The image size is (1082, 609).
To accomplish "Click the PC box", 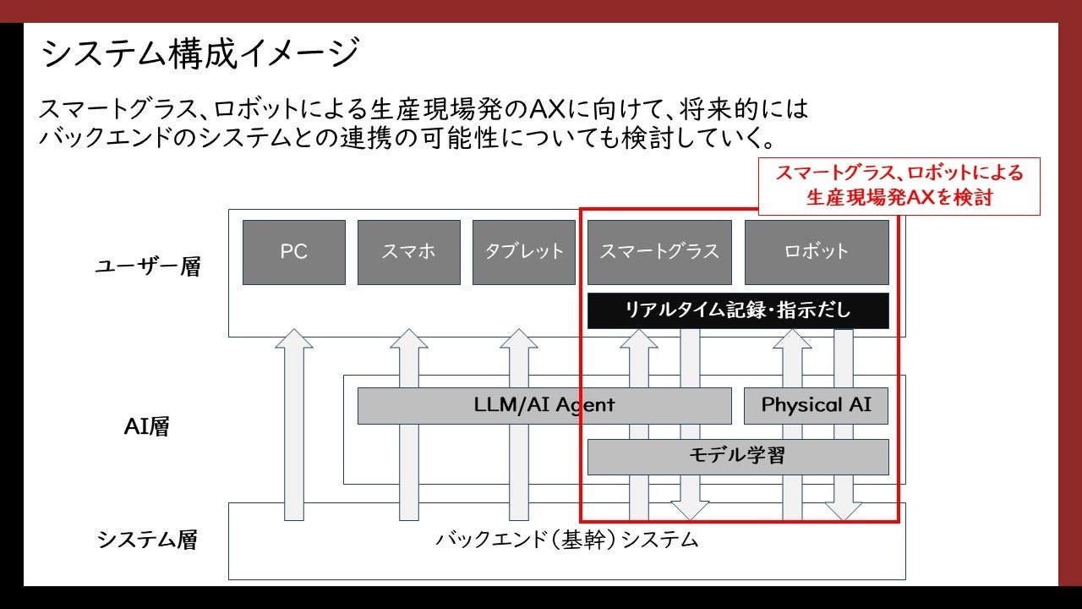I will click(x=293, y=252).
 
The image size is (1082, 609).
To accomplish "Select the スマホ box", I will click(x=408, y=252).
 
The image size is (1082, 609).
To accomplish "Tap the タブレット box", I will click(x=523, y=252).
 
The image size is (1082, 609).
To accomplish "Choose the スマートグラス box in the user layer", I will click(x=658, y=252).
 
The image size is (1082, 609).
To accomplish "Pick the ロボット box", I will click(x=816, y=252).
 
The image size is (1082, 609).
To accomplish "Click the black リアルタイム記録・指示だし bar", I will click(x=737, y=310).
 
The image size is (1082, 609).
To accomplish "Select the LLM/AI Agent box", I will click(x=544, y=405).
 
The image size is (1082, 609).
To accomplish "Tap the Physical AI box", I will click(x=816, y=405).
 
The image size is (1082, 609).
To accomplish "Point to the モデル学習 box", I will click(x=737, y=457).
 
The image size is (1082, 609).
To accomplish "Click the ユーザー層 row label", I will click(x=147, y=267).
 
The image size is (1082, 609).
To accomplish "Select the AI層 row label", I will click(x=147, y=426).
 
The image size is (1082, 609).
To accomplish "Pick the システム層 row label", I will click(x=147, y=540).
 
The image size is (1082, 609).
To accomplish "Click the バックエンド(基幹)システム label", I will click(x=566, y=540).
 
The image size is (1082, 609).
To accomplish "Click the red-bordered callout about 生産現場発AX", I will click(x=899, y=186).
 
